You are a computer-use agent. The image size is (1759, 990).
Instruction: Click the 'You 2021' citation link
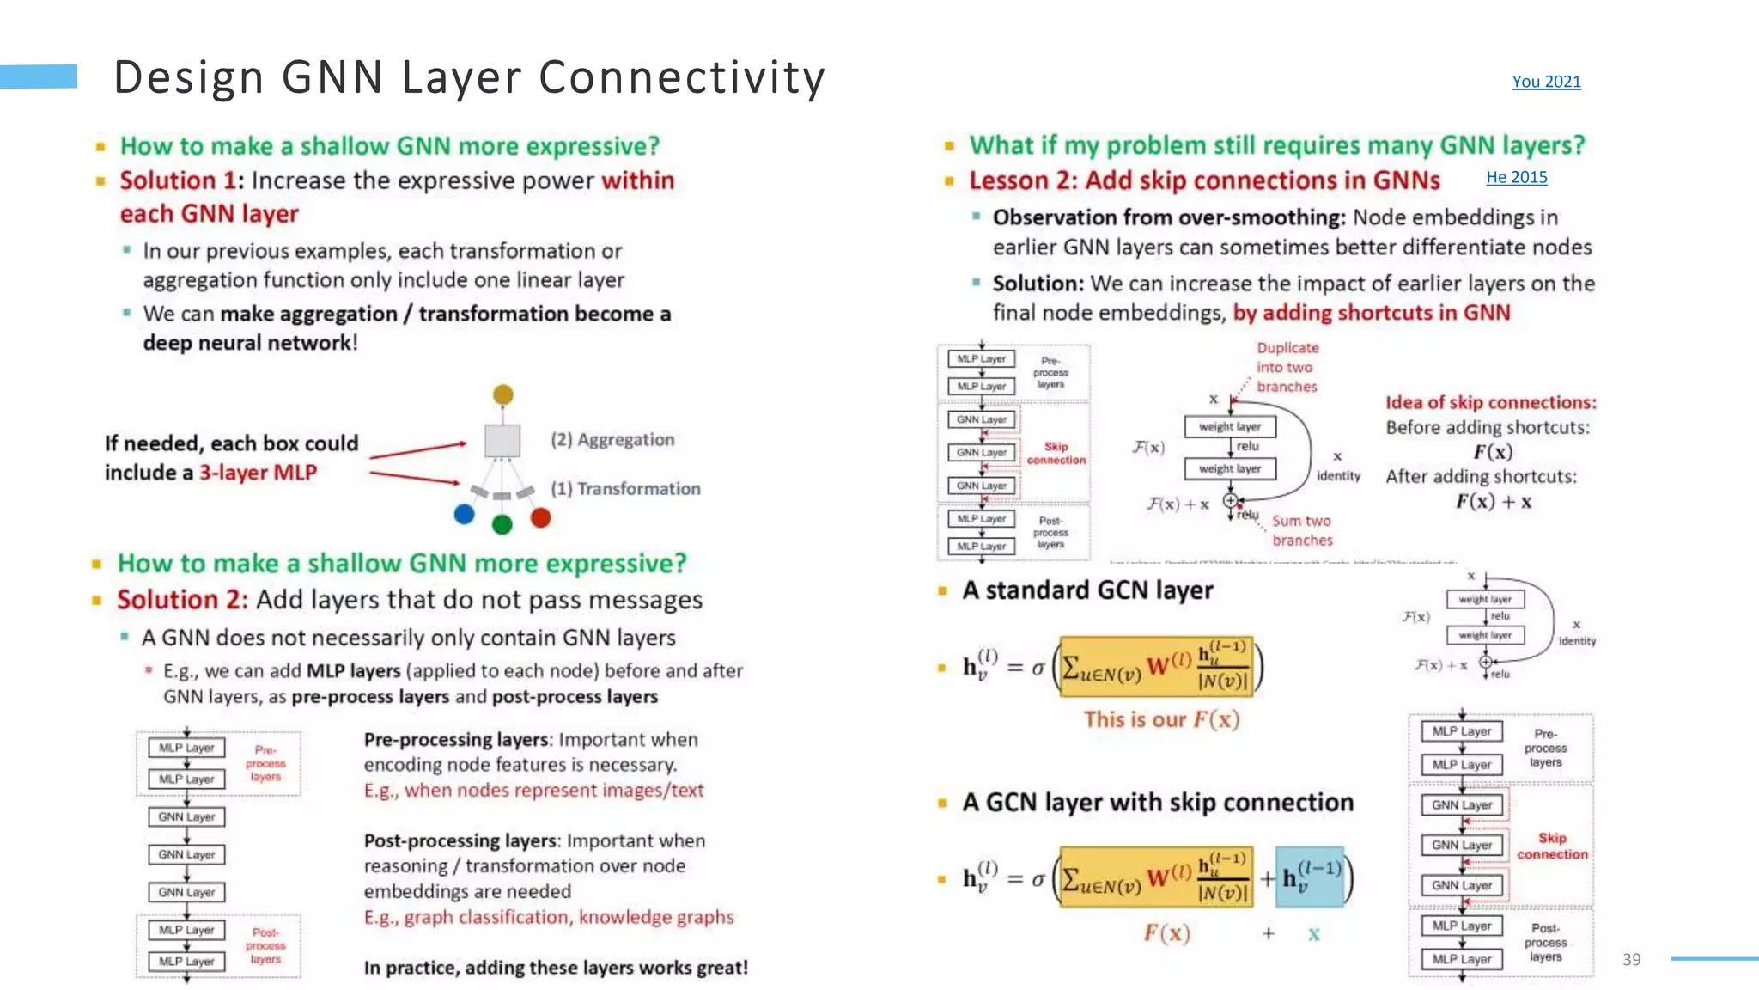click(x=1546, y=82)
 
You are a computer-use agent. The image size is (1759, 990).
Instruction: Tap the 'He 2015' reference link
click(x=1517, y=177)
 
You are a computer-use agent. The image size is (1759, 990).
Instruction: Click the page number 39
click(x=1632, y=959)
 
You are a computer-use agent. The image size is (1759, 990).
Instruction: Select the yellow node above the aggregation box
click(x=503, y=394)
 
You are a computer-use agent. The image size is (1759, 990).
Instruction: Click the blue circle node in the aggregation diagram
click(x=465, y=514)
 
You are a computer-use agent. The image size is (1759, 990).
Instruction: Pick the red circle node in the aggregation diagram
click(x=540, y=517)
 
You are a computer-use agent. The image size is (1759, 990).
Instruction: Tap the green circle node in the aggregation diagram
click(x=502, y=524)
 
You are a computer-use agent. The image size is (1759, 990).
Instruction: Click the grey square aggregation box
click(x=502, y=441)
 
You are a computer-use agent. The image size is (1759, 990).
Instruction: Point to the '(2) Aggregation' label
click(x=612, y=440)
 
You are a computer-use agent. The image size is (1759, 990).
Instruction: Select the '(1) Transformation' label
click(x=625, y=489)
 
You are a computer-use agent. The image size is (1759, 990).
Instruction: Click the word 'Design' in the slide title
click(x=189, y=77)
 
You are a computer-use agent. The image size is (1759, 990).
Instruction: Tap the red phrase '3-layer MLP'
click(x=258, y=473)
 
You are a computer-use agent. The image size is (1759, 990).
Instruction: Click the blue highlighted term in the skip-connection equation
click(x=1310, y=877)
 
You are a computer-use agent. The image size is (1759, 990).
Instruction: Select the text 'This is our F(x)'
click(x=1161, y=719)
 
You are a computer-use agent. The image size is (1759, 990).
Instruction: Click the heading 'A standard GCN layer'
click(x=1087, y=590)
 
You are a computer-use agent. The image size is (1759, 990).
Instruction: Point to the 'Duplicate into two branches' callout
click(x=1287, y=367)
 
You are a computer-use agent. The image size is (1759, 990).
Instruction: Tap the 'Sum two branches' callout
click(x=1302, y=530)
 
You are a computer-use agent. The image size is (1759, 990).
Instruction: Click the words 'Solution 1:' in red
click(x=181, y=180)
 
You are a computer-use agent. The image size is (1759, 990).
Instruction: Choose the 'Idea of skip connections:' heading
click(x=1491, y=402)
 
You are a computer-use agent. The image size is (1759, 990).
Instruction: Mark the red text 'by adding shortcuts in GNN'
click(x=1372, y=313)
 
